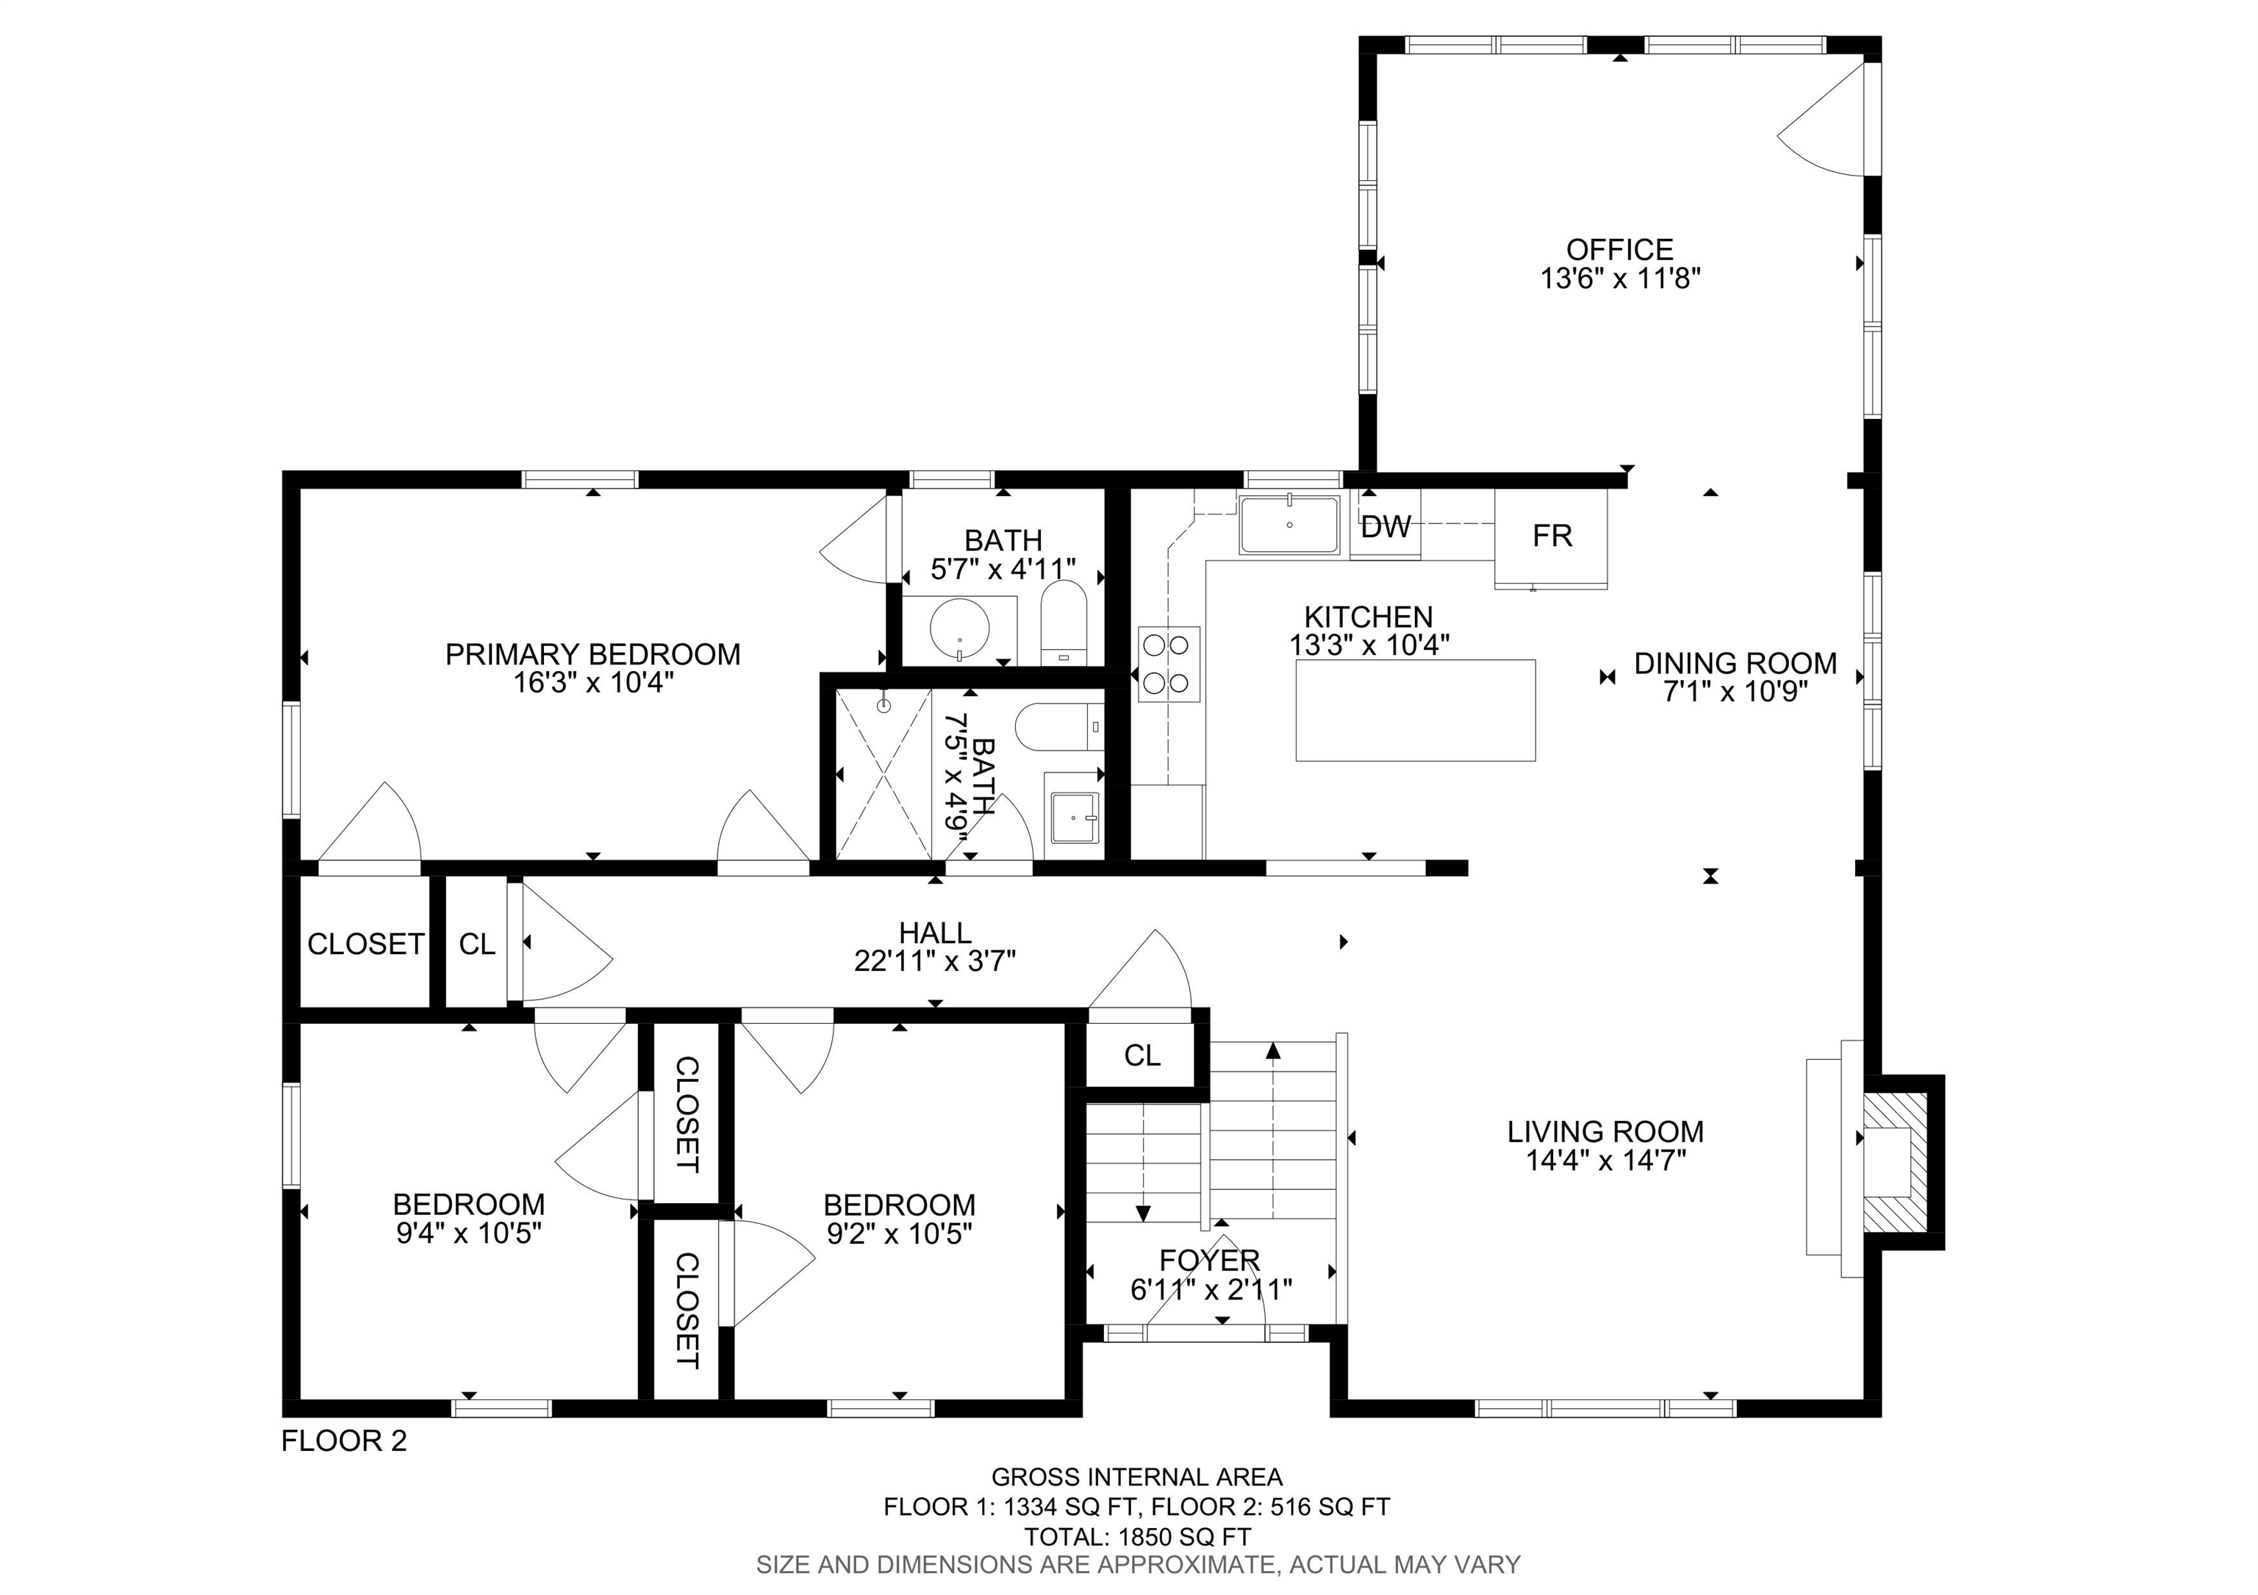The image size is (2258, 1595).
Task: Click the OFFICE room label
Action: pyautogui.click(x=1620, y=250)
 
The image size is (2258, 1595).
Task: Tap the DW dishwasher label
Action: pyautogui.click(x=1386, y=528)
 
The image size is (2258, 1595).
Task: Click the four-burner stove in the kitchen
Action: pyautogui.click(x=1169, y=664)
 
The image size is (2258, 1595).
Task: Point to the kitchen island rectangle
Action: pyautogui.click(x=1415, y=710)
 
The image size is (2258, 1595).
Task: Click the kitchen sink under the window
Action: pyautogui.click(x=1289, y=525)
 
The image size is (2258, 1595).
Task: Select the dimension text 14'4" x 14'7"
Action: pyautogui.click(x=1605, y=1161)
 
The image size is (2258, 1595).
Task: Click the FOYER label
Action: pyautogui.click(x=1208, y=1260)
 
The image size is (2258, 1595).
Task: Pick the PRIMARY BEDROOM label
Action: pyautogui.click(x=592, y=655)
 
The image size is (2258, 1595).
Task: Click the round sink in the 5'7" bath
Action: pyautogui.click(x=959, y=629)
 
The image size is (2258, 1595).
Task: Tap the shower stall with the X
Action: pyautogui.click(x=884, y=774)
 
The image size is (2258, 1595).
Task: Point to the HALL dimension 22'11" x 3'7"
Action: pyautogui.click(x=934, y=961)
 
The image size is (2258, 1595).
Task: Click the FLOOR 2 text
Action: pyautogui.click(x=344, y=1441)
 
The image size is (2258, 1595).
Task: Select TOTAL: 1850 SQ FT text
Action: pyautogui.click(x=1137, y=1537)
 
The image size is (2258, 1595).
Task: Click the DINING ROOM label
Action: pyautogui.click(x=1735, y=664)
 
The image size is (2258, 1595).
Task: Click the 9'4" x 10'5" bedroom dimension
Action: pyautogui.click(x=469, y=1233)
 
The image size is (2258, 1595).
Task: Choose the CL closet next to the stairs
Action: pyautogui.click(x=1141, y=1056)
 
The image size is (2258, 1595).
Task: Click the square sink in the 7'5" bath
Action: pyautogui.click(x=1074, y=817)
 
